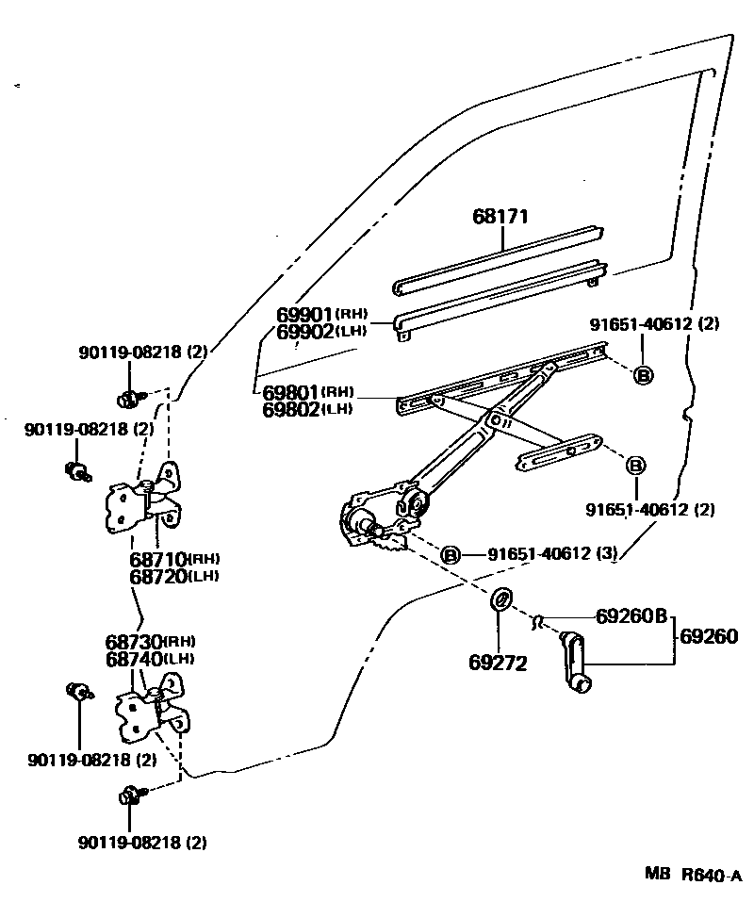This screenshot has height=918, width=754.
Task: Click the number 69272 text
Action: coord(497,663)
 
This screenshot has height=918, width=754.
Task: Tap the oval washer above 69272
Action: coord(500,598)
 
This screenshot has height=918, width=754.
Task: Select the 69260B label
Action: coord(631,617)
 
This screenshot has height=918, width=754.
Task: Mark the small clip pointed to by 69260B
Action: coord(537,620)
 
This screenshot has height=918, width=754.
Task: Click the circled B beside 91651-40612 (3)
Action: coord(451,555)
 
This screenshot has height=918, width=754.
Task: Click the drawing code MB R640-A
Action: coord(694,875)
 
